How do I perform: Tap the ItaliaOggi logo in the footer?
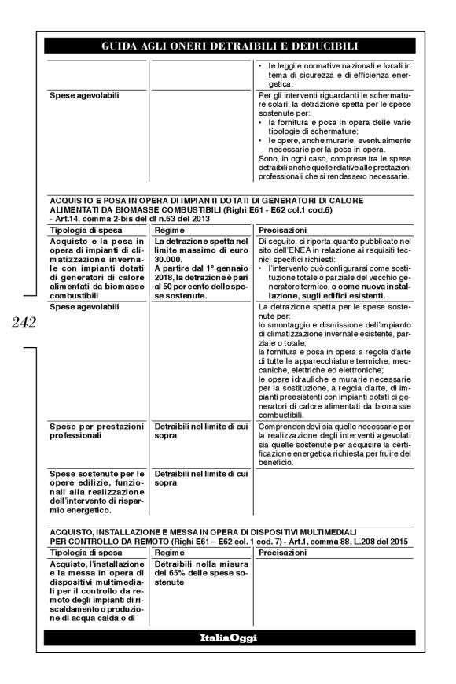click(228, 636)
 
